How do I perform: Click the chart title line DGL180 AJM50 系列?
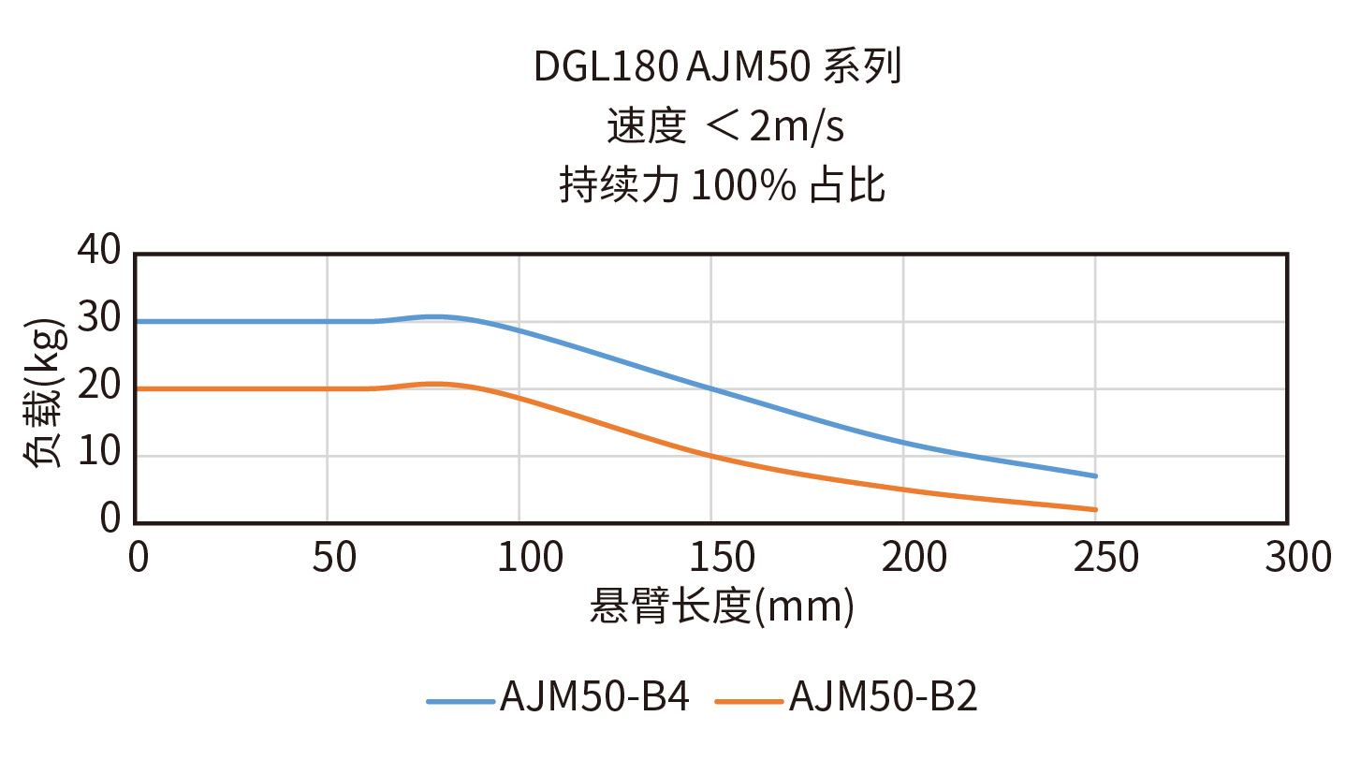tap(717, 67)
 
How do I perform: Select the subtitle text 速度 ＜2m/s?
tap(725, 127)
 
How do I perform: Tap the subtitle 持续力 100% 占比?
tap(722, 185)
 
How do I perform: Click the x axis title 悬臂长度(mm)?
tap(722, 607)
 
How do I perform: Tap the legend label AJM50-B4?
tap(594, 698)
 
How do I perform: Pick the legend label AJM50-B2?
tap(883, 698)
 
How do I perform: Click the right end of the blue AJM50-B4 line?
tap(1095, 475)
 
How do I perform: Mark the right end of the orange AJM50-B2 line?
tap(1095, 509)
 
